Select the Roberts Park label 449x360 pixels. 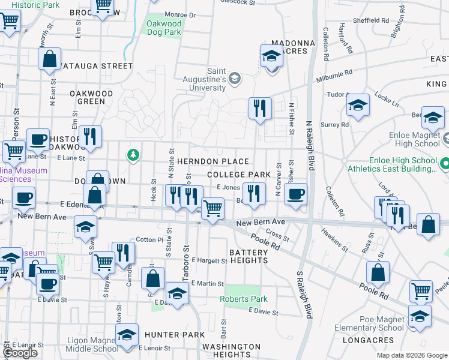(x=243, y=299)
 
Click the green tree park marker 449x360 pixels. (x=133, y=156)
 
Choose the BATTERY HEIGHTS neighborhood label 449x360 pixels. (x=249, y=256)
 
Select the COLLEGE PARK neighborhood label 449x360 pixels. (x=235, y=174)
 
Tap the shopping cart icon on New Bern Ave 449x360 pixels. (x=212, y=209)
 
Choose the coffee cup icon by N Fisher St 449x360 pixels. (x=295, y=194)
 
